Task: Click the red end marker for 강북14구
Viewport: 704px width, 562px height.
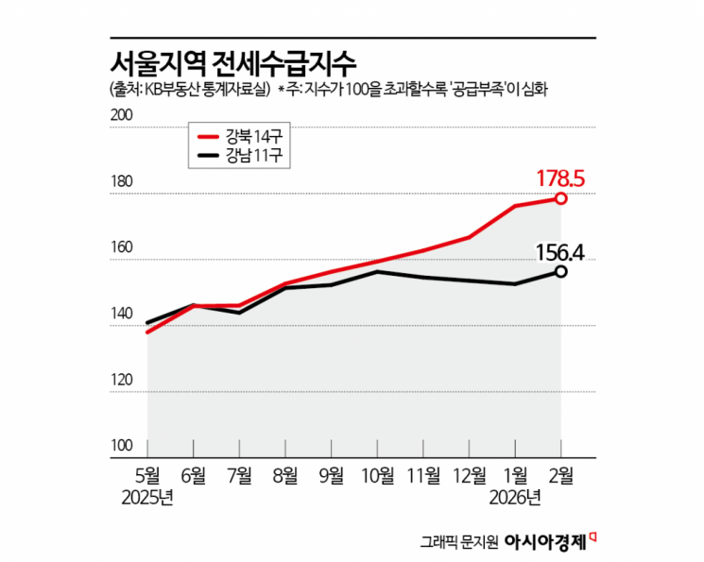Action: tap(561, 198)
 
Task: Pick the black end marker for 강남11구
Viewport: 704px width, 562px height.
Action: tap(561, 271)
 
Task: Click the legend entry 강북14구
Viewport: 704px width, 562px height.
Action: tap(239, 134)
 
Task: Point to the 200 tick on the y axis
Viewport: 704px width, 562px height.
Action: tap(124, 115)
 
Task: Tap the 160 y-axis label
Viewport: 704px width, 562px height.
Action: tap(124, 247)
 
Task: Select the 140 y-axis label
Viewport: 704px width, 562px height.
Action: tap(124, 314)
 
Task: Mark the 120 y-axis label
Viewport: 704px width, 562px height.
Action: tap(124, 380)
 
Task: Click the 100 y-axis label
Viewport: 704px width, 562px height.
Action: tap(124, 446)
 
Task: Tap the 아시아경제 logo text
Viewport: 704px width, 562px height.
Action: tap(546, 542)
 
